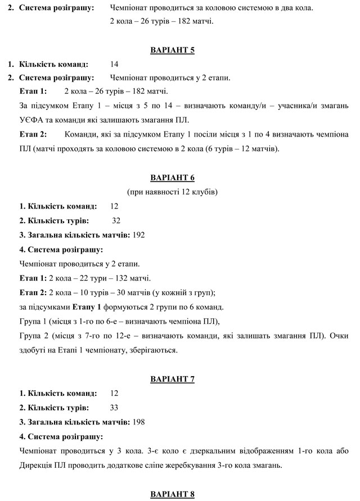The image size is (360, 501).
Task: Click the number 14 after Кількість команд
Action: [115, 64]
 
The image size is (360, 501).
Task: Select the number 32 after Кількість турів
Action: [116, 220]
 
